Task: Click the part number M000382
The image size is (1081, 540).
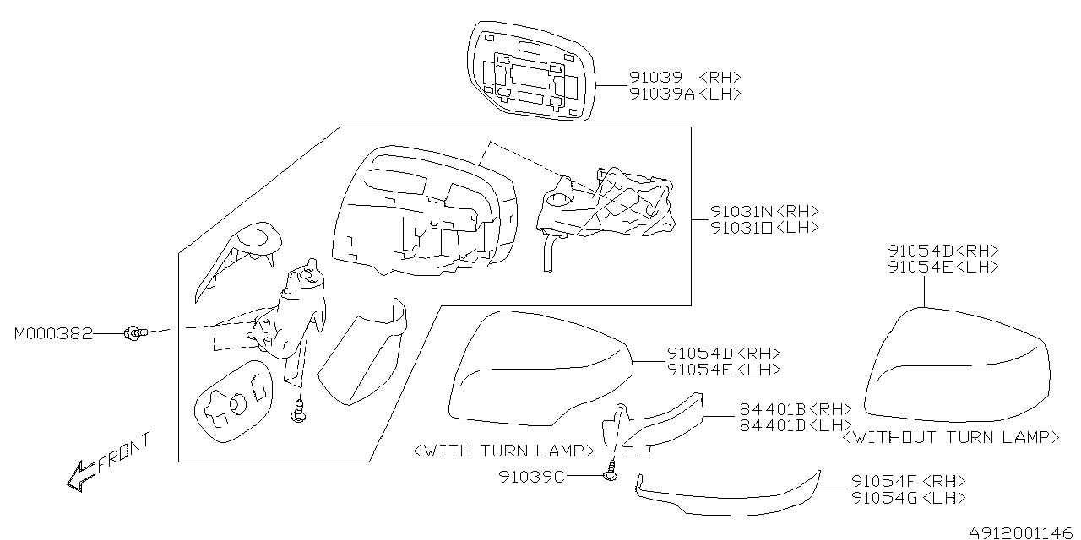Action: pyautogui.click(x=52, y=335)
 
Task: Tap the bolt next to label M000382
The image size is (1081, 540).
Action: pyautogui.click(x=133, y=335)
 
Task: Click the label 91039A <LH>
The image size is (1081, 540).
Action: pyautogui.click(x=684, y=94)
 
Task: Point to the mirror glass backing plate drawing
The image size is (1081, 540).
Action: pyautogui.click(x=532, y=69)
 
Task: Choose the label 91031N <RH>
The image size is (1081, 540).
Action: pyautogui.click(x=763, y=212)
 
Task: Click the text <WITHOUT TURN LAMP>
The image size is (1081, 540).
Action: pyautogui.click(x=950, y=437)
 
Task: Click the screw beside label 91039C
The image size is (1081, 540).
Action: pyautogui.click(x=611, y=477)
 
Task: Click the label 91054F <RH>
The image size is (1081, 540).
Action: pyautogui.click(x=908, y=481)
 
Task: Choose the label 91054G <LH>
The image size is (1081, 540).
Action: pyautogui.click(x=908, y=498)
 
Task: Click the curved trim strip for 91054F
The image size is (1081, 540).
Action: pyautogui.click(x=726, y=498)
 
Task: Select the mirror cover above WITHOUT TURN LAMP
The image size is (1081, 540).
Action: pyautogui.click(x=959, y=367)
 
